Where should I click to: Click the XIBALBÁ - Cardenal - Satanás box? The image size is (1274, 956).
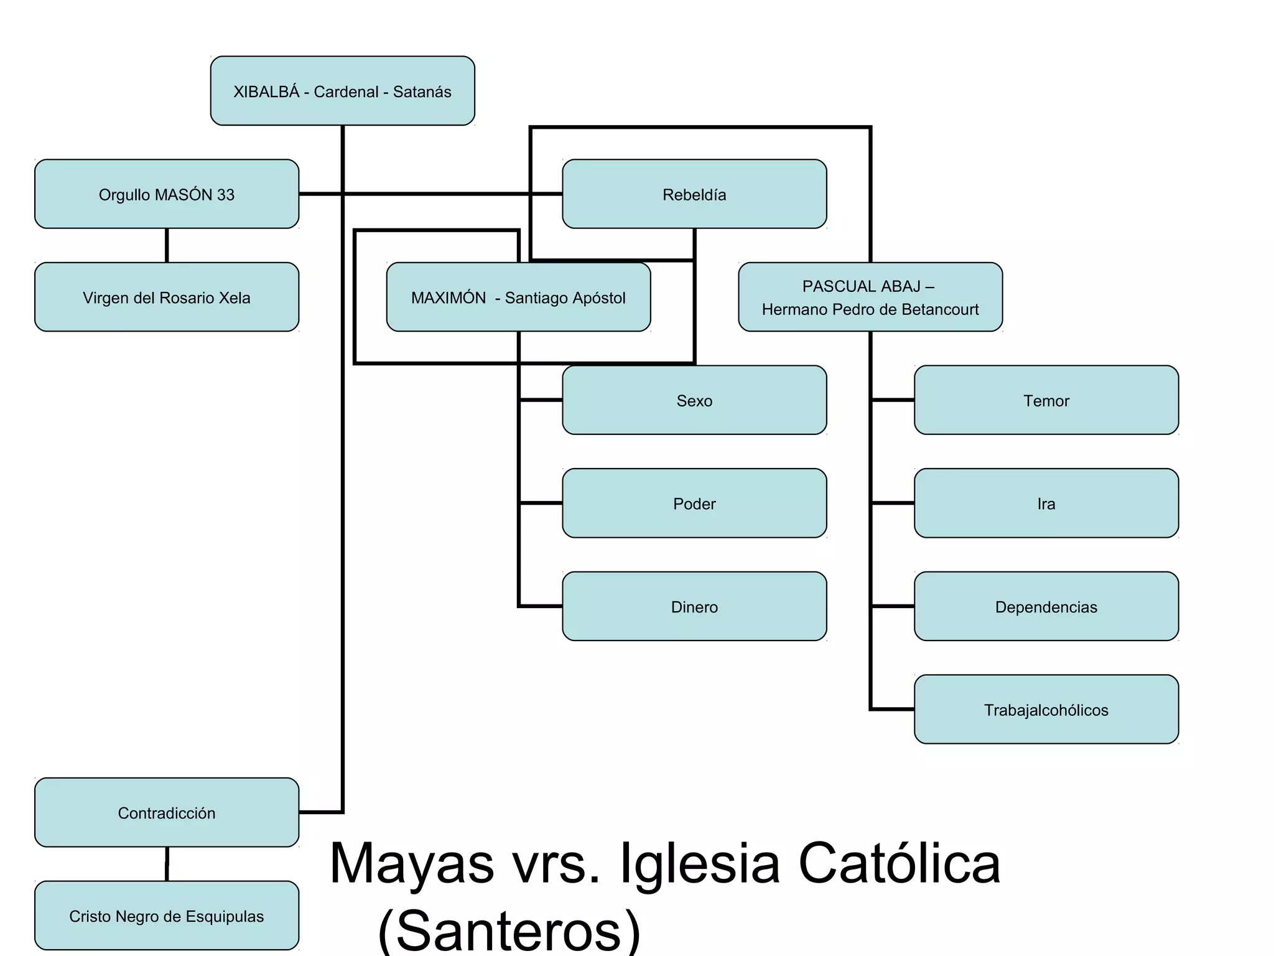click(x=343, y=91)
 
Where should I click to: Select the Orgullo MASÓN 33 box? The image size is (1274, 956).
click(x=167, y=194)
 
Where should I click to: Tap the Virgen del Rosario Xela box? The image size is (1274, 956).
click(x=167, y=297)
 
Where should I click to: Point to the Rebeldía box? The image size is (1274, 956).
click(x=694, y=194)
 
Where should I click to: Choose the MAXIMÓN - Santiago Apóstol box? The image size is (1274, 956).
click(x=519, y=297)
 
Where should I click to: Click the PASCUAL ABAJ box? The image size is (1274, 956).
click(x=870, y=297)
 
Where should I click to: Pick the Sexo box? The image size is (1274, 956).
click(x=694, y=400)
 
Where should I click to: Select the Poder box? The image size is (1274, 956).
click(x=694, y=503)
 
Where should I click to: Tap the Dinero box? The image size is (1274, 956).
click(x=694, y=606)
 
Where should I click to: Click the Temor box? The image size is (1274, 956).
click(x=1046, y=400)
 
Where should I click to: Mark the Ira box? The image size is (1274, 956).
click(x=1046, y=503)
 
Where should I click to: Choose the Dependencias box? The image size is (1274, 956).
click(x=1046, y=606)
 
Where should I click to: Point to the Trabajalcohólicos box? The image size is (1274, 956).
click(x=1046, y=710)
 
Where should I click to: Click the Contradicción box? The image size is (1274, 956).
click(x=167, y=812)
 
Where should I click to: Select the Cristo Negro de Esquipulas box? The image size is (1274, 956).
click(x=167, y=916)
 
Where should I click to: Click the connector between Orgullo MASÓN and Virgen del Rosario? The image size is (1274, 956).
click(x=167, y=245)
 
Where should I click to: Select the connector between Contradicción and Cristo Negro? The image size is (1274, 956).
click(x=167, y=864)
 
